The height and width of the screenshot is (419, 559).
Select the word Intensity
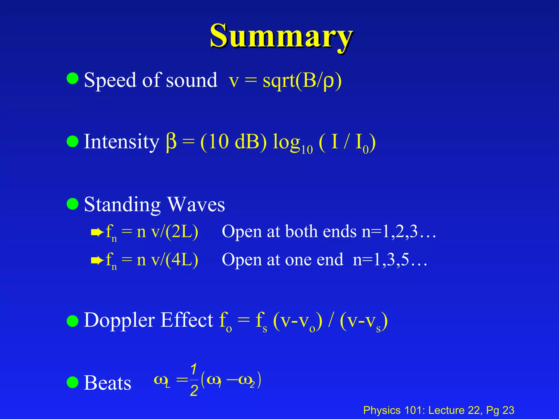(121, 142)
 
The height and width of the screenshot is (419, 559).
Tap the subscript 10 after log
(307, 150)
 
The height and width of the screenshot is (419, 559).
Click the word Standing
(122, 205)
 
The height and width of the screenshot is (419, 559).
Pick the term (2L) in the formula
(182, 232)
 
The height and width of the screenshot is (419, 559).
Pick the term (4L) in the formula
(182, 260)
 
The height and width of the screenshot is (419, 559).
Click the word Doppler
(119, 320)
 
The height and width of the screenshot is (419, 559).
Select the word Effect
(187, 320)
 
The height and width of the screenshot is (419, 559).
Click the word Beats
(107, 383)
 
